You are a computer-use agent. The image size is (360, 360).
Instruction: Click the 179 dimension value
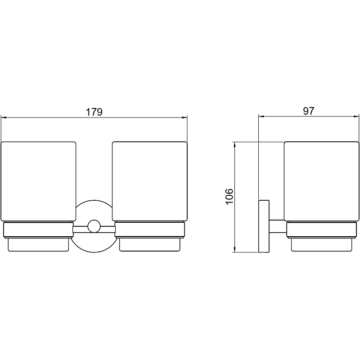pos(94,112)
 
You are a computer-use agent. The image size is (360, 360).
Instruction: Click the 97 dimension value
pos(309,111)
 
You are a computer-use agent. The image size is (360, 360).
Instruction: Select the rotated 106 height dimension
pos(229,197)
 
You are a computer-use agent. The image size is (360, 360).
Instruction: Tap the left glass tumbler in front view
pos(39,181)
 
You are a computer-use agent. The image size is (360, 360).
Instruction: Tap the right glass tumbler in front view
pos(150,181)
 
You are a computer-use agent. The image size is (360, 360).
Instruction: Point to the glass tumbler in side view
pos(321,181)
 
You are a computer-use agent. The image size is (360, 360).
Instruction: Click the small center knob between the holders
pos(94,226)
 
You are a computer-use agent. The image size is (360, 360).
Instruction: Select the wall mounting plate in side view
pos(264,226)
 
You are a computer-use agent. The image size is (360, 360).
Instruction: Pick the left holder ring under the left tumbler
pos(38,229)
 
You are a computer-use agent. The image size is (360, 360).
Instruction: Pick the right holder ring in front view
pos(150,229)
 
